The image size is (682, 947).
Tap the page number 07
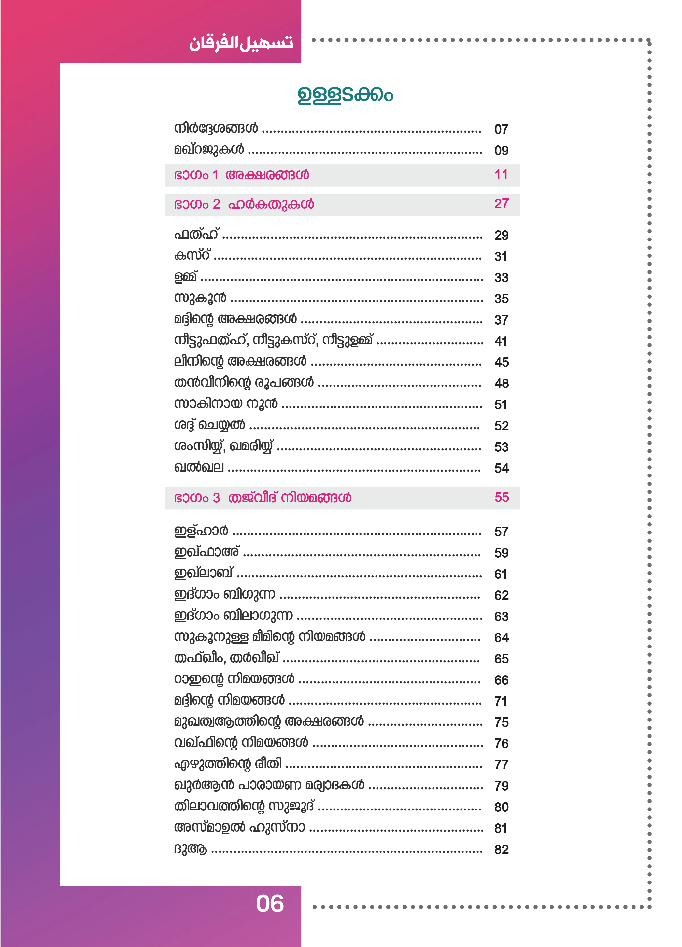501,129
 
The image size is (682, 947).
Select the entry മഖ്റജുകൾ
209,150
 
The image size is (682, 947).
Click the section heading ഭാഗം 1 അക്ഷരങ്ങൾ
241,175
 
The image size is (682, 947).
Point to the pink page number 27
501,204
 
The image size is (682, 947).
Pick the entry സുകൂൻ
200,298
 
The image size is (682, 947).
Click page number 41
501,341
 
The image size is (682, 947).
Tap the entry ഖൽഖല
199,467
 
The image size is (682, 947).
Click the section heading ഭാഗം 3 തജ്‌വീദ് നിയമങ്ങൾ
262,498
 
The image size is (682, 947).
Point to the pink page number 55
501,497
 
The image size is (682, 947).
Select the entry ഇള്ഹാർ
201,531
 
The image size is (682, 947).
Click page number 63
501,617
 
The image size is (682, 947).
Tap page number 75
501,722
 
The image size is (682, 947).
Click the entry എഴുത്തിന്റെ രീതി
227,764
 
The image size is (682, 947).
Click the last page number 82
501,850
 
